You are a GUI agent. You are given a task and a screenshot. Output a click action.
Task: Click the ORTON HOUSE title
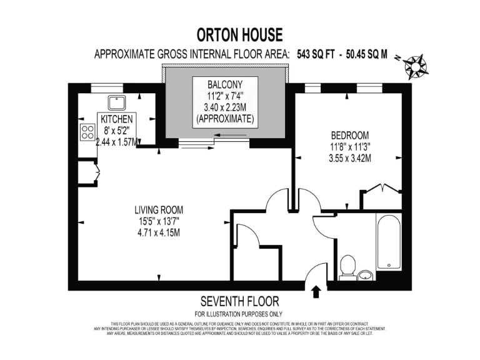[x=240, y=34]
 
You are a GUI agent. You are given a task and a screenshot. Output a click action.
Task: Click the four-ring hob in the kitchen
[x=87, y=132]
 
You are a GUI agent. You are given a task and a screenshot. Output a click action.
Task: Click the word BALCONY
[x=224, y=84]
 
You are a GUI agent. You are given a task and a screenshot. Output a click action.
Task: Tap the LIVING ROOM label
[x=159, y=209]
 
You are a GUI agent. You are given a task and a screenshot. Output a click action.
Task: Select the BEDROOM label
[x=350, y=135]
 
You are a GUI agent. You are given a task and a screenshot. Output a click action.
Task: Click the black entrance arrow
[x=316, y=290]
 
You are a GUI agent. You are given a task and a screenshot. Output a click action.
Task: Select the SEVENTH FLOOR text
[x=240, y=302]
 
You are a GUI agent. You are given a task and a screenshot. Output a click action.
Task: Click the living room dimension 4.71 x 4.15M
[x=159, y=233]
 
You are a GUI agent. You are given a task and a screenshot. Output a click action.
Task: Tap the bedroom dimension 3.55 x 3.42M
[x=350, y=158]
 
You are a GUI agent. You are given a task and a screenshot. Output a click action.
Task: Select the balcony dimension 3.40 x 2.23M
[x=224, y=107]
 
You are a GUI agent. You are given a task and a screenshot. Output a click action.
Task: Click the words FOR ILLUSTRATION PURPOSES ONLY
[x=240, y=314]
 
